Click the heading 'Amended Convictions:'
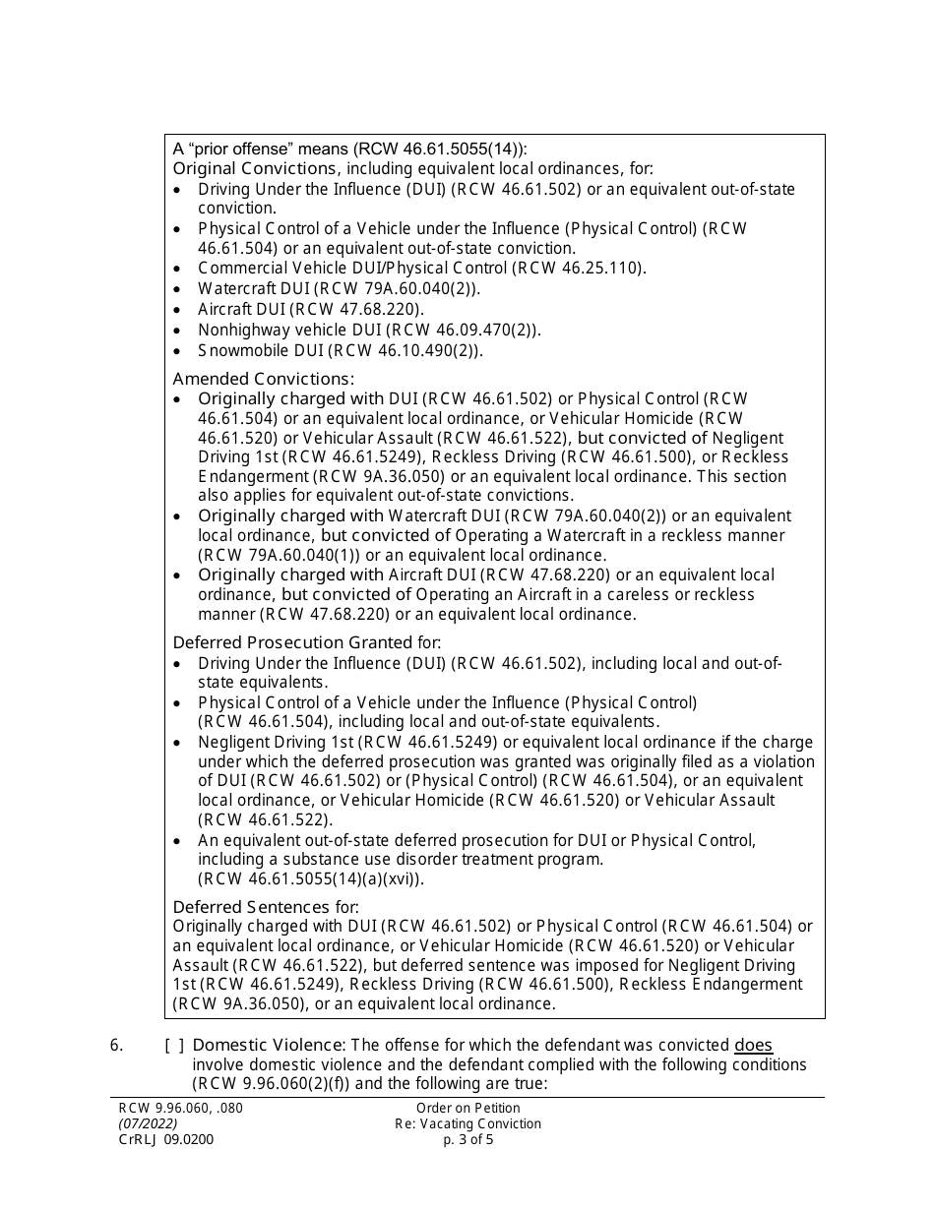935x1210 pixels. [x=264, y=379]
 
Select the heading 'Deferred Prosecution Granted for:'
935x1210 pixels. [x=307, y=642]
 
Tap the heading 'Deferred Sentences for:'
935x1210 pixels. [x=266, y=906]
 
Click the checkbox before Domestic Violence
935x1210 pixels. [x=173, y=1045]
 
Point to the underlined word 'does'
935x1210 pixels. [x=753, y=1045]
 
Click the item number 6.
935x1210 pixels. [x=116, y=1045]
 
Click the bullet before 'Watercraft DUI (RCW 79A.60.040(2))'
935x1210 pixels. [x=177, y=288]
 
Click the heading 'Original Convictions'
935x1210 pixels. [x=251, y=168]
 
